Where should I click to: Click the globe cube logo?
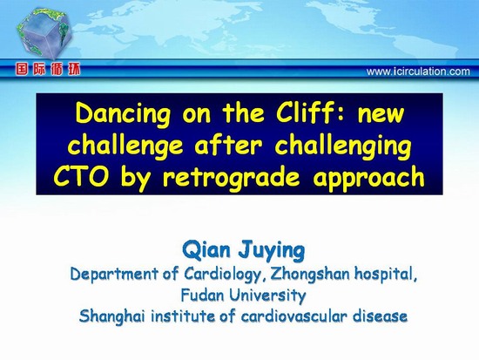[45, 33]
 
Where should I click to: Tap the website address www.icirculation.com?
[418, 71]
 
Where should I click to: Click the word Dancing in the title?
[123, 114]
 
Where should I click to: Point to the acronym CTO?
[81, 177]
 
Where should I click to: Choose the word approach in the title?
[368, 179]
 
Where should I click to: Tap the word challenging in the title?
[343, 146]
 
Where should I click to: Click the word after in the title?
[228, 145]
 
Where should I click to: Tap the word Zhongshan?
[310, 274]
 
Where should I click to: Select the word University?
[267, 295]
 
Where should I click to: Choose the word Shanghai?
[112, 316]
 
